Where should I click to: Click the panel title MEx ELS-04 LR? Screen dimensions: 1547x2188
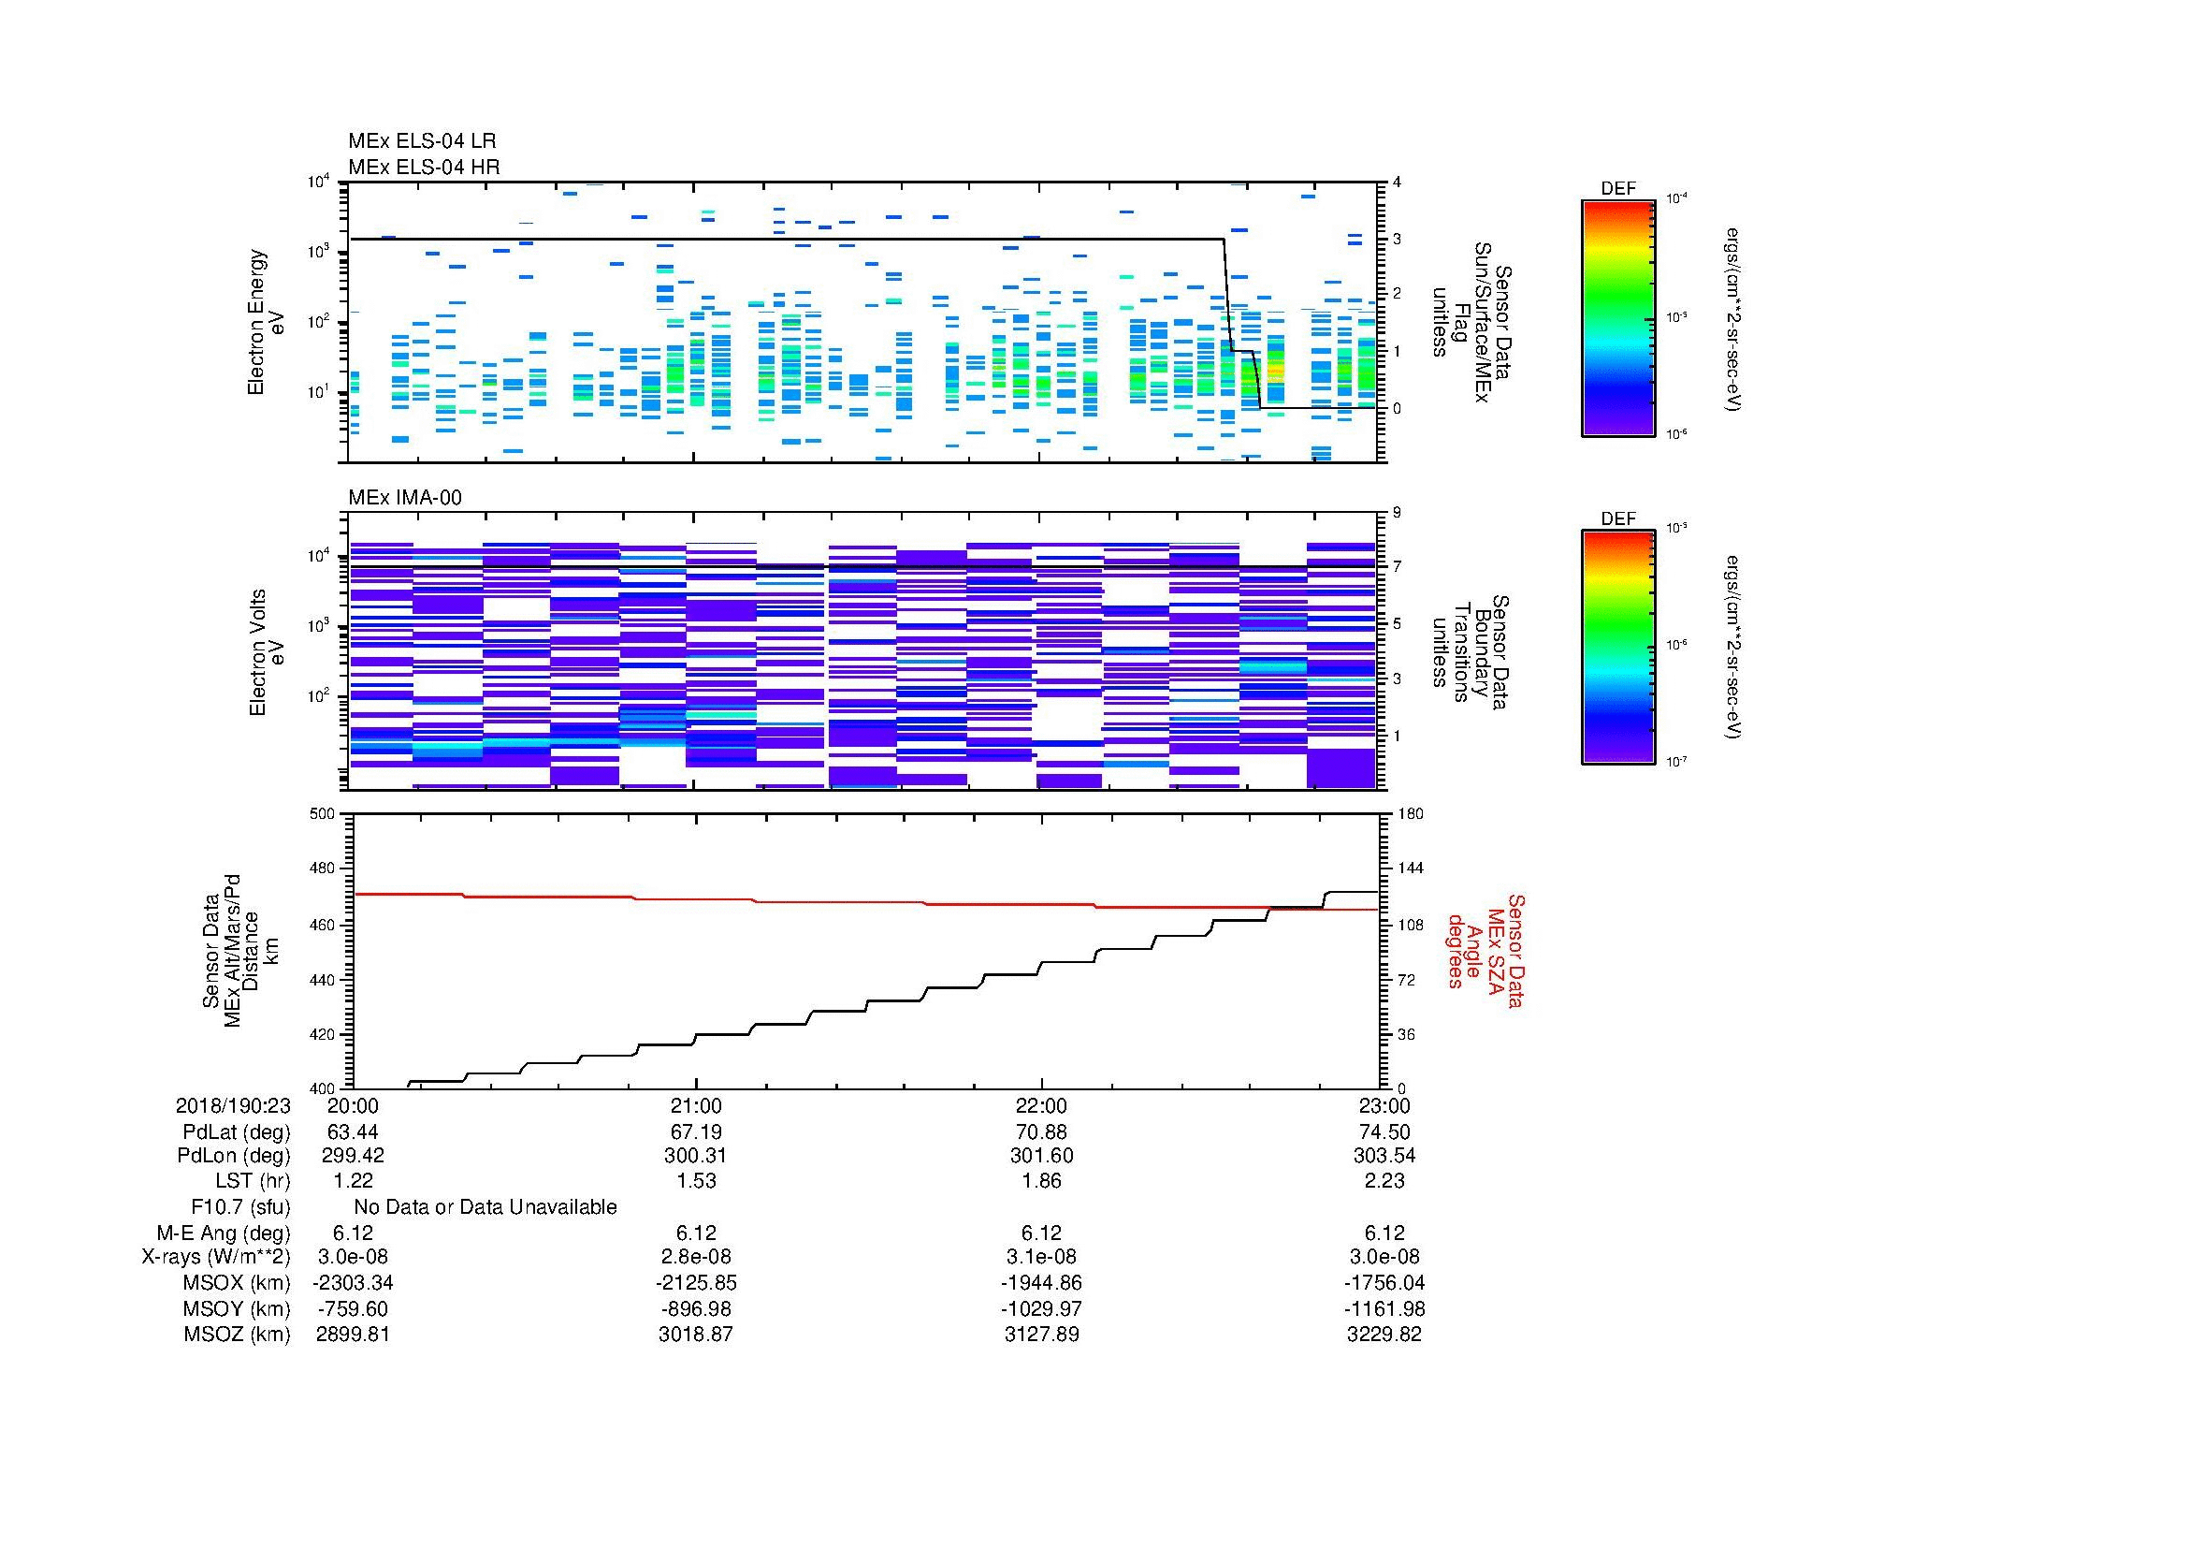click(x=421, y=141)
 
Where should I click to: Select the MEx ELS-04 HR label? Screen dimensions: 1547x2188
click(x=423, y=167)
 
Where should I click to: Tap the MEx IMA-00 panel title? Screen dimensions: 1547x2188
click(x=404, y=498)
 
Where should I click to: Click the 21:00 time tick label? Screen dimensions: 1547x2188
click(x=696, y=1105)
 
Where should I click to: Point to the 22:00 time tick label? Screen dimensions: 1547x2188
click(x=1041, y=1105)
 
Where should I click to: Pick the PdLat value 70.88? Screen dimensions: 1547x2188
click(x=1041, y=1132)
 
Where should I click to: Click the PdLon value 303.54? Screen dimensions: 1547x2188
click(x=1384, y=1155)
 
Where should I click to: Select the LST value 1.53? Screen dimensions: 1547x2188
click(x=696, y=1180)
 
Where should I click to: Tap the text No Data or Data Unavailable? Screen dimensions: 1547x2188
click(x=485, y=1206)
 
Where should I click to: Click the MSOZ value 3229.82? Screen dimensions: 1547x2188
click(x=1384, y=1335)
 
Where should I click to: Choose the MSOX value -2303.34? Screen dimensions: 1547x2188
click(x=353, y=1283)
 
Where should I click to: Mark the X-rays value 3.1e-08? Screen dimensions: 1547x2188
click(x=1041, y=1257)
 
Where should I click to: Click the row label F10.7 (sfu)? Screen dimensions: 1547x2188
click(x=240, y=1206)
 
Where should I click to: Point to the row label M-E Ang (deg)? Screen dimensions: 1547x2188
click(x=224, y=1233)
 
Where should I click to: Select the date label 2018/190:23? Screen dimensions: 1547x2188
click(x=233, y=1105)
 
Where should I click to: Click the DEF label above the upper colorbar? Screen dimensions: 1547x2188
click(x=1618, y=189)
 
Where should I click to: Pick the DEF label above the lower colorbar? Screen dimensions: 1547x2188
click(x=1618, y=518)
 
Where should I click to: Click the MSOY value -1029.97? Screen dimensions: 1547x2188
click(x=1041, y=1308)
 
